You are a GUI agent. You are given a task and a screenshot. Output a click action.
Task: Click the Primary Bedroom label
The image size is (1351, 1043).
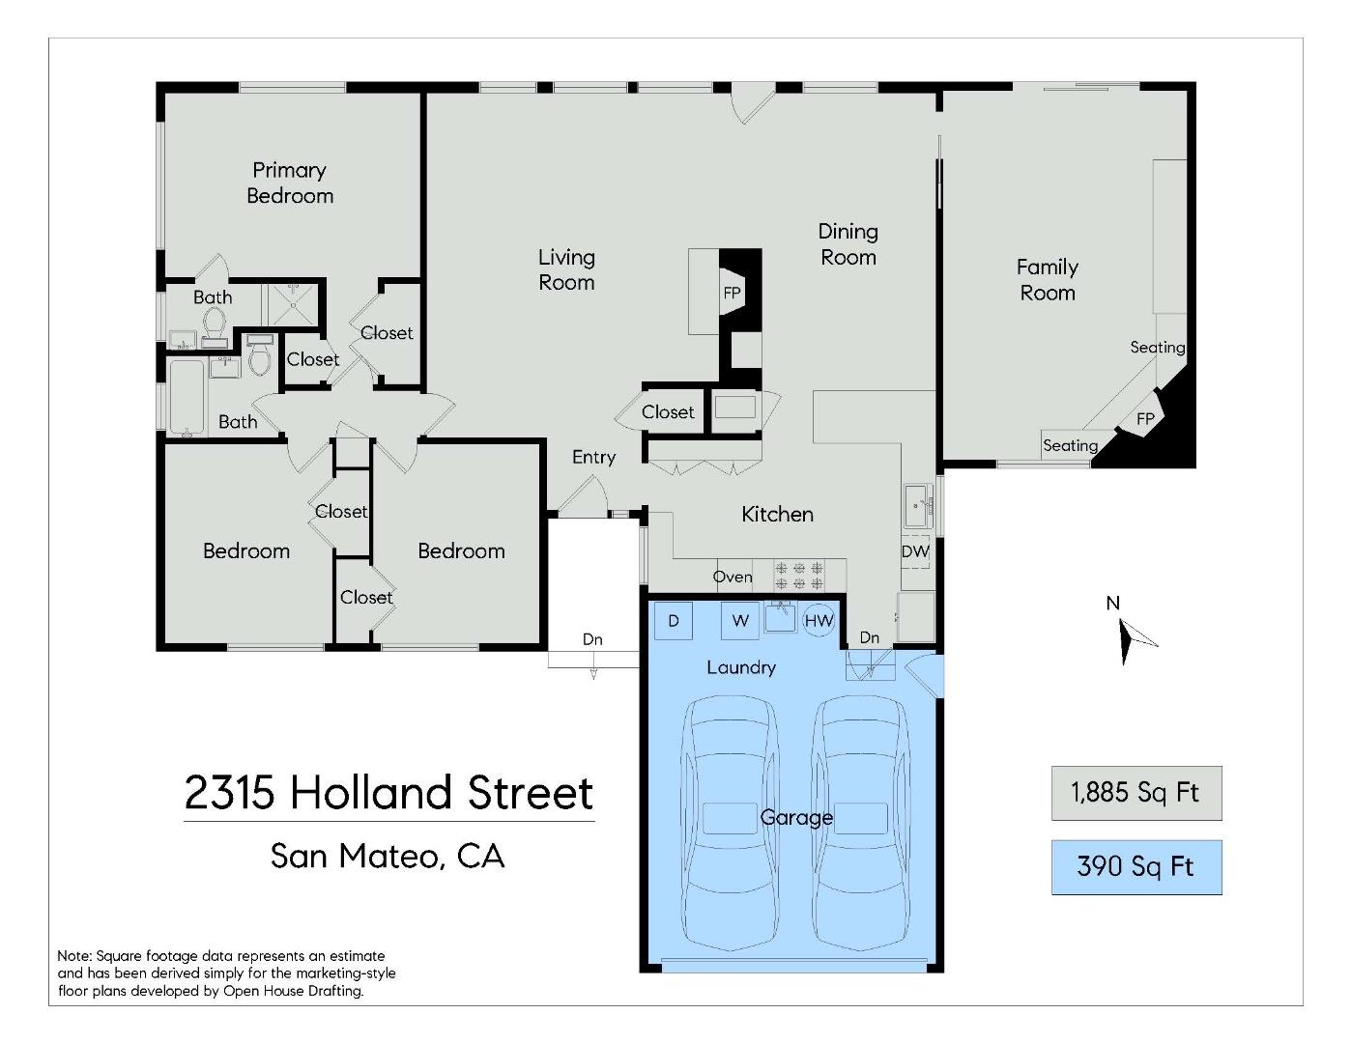tap(289, 183)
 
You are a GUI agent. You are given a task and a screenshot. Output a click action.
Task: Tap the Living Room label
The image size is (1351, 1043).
tap(566, 269)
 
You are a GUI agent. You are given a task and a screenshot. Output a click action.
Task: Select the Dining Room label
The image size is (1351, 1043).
tap(848, 243)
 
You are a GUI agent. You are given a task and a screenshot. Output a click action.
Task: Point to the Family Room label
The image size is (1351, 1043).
tap(1047, 279)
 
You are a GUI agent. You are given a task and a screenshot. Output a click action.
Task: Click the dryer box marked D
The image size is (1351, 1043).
tap(674, 620)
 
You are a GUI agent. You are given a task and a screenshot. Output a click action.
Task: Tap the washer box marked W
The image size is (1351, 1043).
tap(739, 620)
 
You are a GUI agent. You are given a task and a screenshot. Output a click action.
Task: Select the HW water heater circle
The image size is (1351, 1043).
tap(819, 620)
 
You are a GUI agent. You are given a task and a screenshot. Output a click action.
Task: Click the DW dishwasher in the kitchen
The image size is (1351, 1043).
tap(915, 551)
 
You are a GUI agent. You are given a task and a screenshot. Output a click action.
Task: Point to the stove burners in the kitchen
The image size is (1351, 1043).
tap(799, 576)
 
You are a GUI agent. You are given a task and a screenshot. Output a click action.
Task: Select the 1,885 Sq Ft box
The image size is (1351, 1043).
tap(1135, 793)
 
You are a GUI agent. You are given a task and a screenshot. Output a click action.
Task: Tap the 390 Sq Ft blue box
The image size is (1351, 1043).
tap(1135, 866)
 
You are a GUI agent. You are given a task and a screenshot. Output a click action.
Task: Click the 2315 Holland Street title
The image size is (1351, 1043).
tap(388, 793)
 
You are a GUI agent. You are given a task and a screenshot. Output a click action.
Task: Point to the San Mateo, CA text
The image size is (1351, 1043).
tap(388, 856)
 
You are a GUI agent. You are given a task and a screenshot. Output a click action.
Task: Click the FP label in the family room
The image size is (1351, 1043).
tap(1145, 419)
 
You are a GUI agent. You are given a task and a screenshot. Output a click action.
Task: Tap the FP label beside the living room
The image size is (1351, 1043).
tap(732, 293)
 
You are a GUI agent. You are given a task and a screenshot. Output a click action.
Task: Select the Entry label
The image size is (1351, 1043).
tap(593, 457)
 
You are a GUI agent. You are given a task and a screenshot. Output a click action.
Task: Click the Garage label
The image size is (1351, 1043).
tap(796, 817)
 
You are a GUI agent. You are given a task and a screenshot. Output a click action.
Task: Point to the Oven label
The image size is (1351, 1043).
tap(733, 577)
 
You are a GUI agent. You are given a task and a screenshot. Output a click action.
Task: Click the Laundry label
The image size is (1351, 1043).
tap(740, 666)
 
